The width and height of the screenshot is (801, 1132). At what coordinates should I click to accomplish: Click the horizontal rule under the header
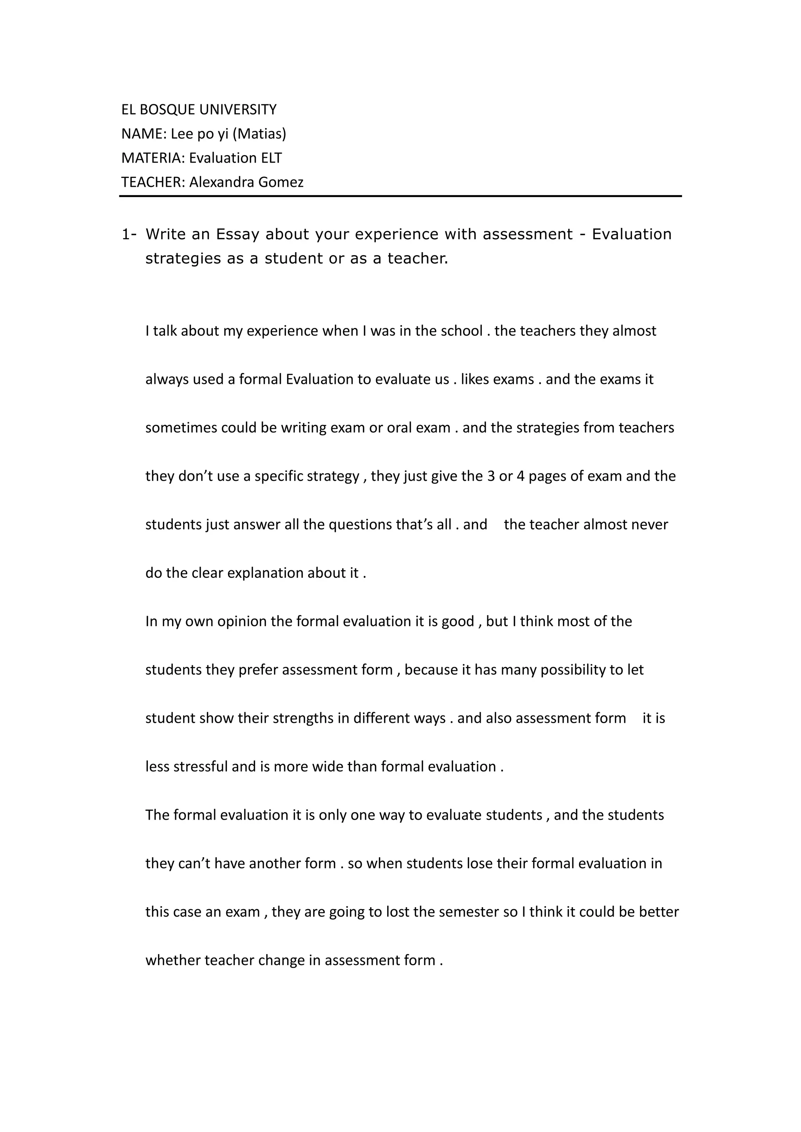pos(400,196)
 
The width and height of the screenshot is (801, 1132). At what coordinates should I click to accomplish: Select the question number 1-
pos(129,234)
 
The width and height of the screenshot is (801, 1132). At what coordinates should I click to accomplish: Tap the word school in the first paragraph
pos(461,331)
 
